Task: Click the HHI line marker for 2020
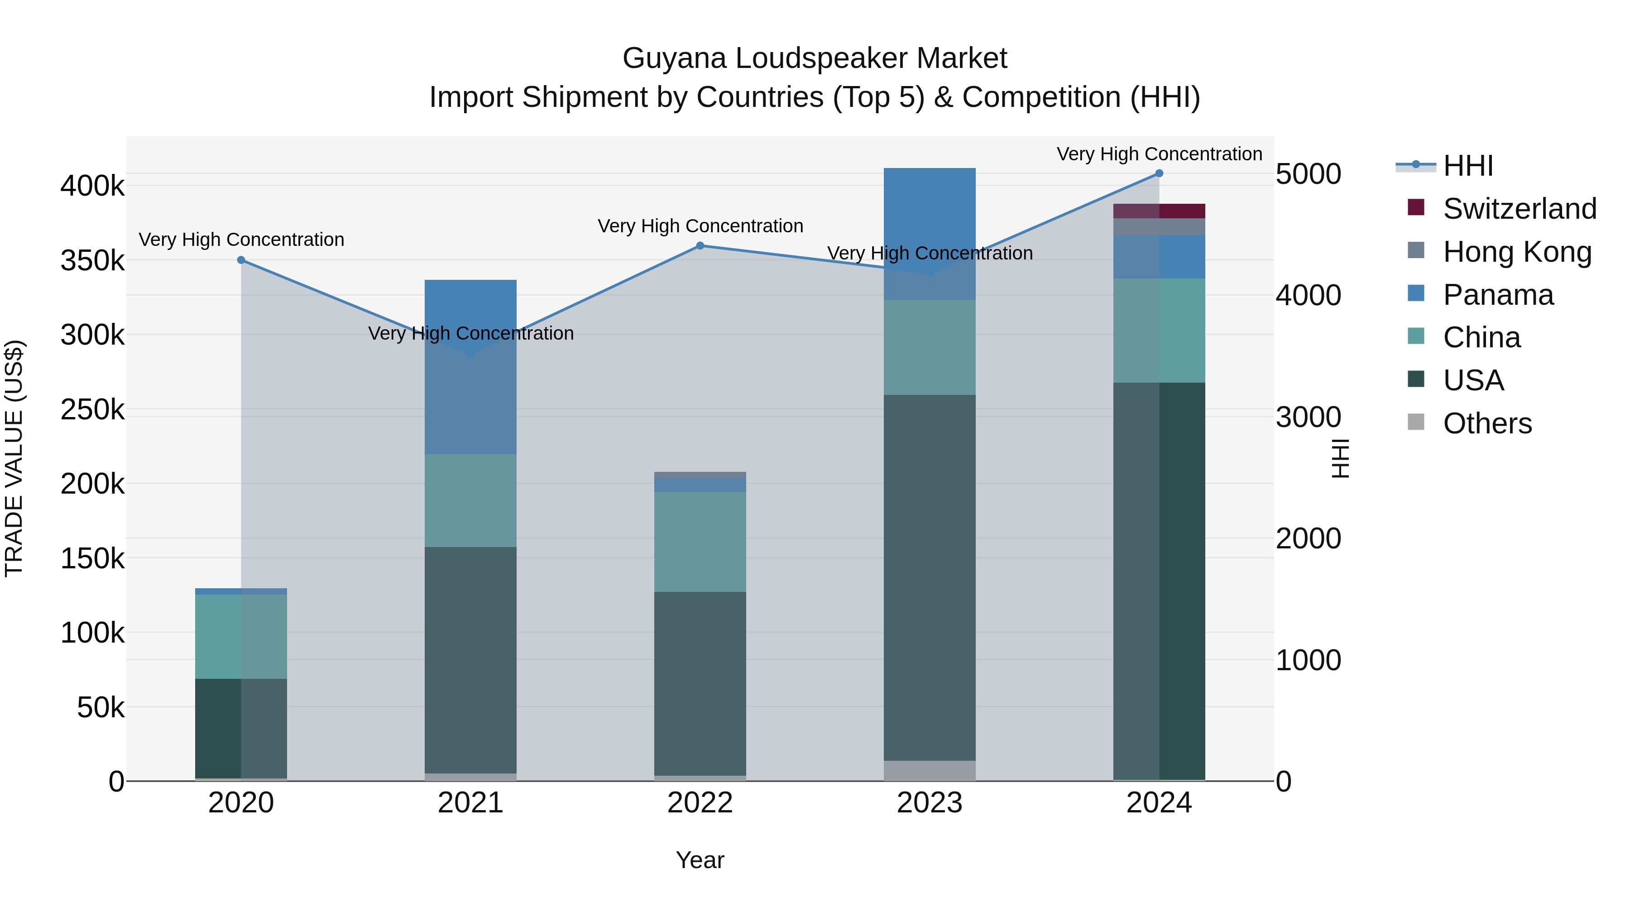tap(241, 260)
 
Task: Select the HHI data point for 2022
tap(700, 245)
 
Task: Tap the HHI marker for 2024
tap(1159, 173)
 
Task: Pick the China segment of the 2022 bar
tap(700, 542)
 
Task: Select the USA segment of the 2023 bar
tap(930, 577)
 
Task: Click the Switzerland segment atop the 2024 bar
tap(1159, 211)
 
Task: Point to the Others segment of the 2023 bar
tap(930, 770)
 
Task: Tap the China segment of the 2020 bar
tap(241, 636)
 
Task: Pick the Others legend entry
tap(1487, 423)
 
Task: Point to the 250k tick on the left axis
tap(93, 409)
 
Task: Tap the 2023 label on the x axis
tap(930, 803)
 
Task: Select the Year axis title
tap(700, 860)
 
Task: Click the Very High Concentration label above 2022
tap(700, 226)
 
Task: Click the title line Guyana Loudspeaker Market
tap(815, 58)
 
